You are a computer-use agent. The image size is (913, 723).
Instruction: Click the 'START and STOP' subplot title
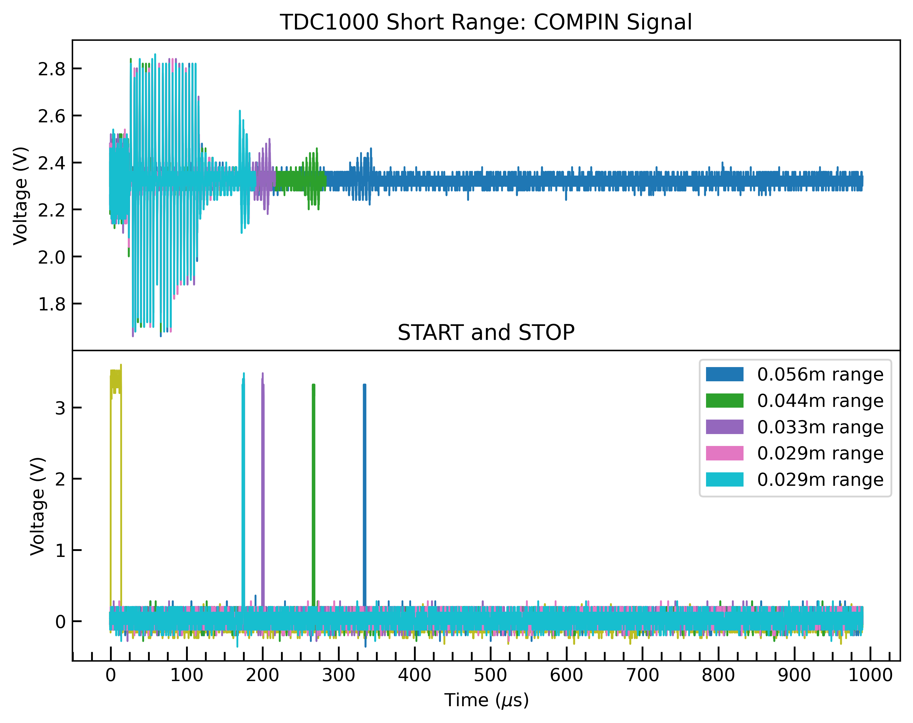[x=486, y=332]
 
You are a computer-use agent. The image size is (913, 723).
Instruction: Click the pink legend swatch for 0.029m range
[x=724, y=453]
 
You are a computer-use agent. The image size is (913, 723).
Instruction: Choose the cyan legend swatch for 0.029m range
[x=724, y=480]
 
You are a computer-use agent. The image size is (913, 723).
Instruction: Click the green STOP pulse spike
[x=314, y=487]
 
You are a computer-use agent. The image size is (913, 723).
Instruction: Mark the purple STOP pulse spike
[x=263, y=487]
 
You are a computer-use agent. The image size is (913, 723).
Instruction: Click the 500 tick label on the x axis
[x=490, y=675]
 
